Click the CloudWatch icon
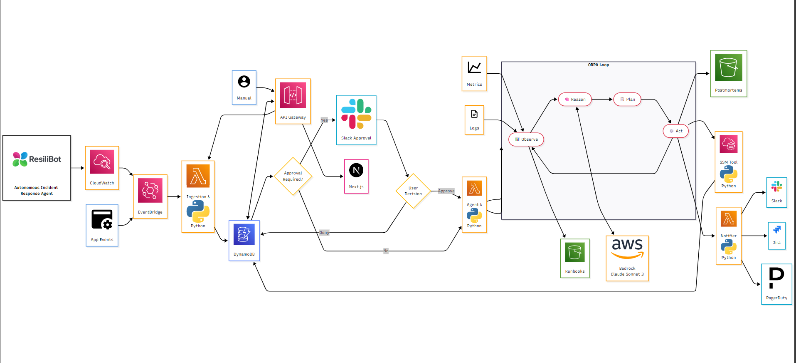point(102,162)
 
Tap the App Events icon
point(102,219)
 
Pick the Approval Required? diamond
point(293,176)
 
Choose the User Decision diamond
point(413,191)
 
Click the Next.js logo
point(356,170)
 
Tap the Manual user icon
point(244,81)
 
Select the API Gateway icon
point(293,95)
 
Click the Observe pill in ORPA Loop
point(526,139)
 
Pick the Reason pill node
point(575,99)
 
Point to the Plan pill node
point(627,99)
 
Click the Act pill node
point(675,131)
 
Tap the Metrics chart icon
point(474,68)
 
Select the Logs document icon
point(474,114)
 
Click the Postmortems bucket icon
point(728,67)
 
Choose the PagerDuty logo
point(776,278)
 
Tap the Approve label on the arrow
point(446,191)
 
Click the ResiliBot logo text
point(45,159)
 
